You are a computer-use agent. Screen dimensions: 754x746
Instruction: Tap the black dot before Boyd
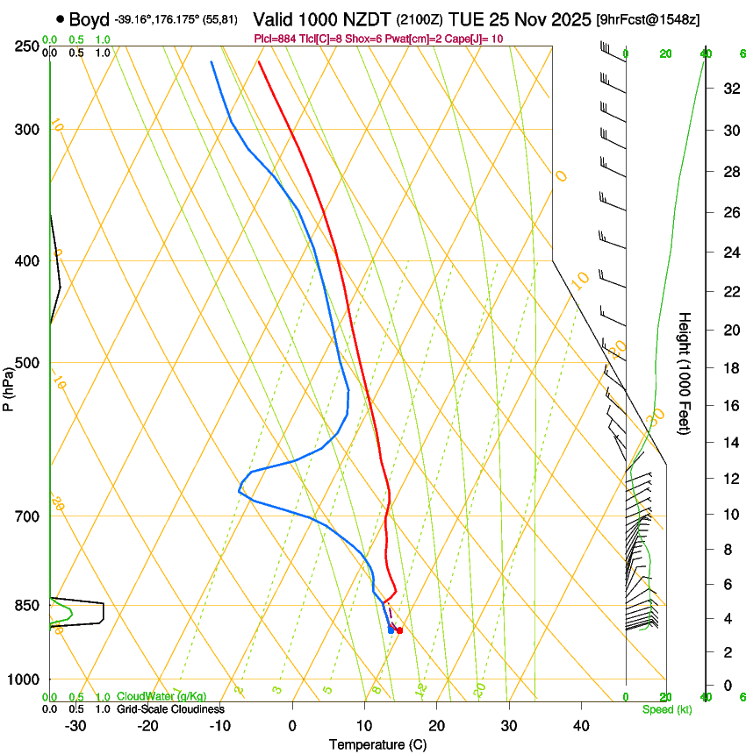(61, 18)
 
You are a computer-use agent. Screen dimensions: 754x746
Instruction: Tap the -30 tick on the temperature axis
(75, 726)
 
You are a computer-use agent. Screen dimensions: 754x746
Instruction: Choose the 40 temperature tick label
(581, 726)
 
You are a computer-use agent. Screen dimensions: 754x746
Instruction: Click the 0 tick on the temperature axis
(292, 726)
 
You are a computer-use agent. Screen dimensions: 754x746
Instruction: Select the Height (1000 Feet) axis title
(685, 373)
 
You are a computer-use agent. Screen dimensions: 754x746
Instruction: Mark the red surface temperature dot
(399, 630)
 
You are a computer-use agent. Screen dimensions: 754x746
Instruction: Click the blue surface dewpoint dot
(391, 630)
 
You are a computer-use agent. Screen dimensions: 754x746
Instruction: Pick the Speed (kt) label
(666, 709)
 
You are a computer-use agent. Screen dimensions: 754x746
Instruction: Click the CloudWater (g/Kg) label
(149, 697)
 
